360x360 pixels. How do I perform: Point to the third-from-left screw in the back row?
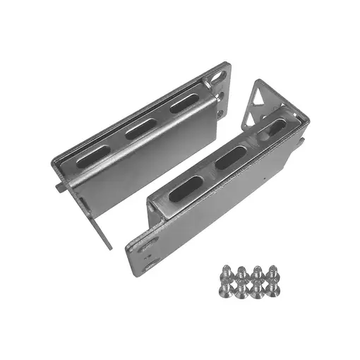[256, 270]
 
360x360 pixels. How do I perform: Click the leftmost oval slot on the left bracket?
[92, 157]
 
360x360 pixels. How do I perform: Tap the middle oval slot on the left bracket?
[140, 129]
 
